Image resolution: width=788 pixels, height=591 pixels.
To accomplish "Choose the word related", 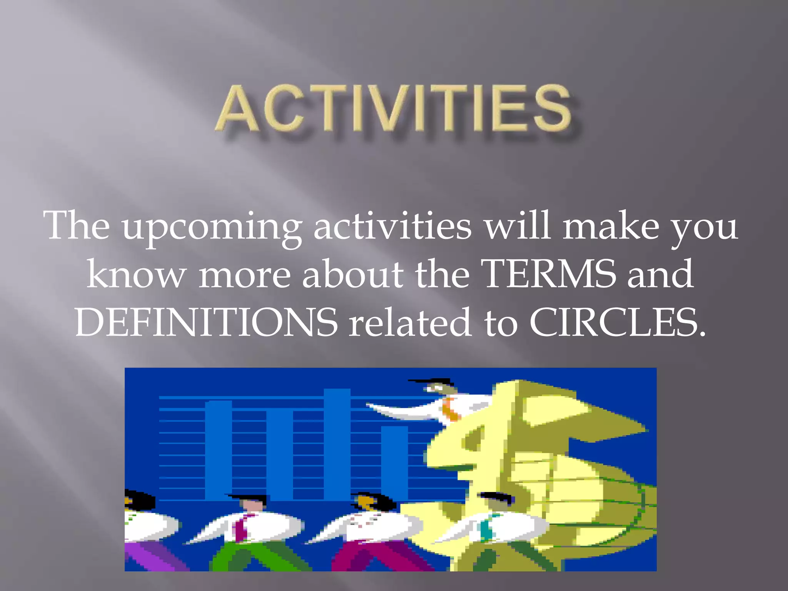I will [x=410, y=322].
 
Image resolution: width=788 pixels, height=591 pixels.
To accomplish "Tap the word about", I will [x=353, y=274].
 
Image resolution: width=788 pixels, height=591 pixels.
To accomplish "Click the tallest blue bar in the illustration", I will [x=337, y=442].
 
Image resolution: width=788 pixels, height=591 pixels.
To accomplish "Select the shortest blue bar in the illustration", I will [x=394, y=462].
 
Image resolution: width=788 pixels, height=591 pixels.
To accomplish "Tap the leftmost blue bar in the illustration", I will [x=218, y=450].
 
